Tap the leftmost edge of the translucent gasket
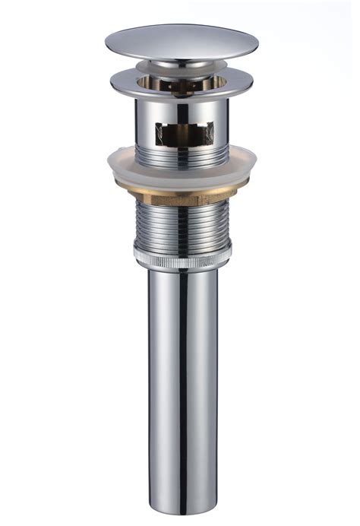[108, 160]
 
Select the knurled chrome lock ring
[183, 259]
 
